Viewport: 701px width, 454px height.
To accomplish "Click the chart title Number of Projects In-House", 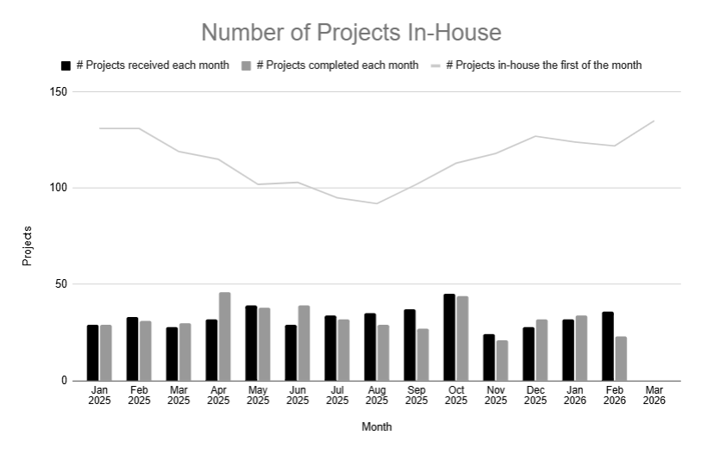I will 351,33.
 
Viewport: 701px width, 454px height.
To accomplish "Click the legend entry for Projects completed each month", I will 331,65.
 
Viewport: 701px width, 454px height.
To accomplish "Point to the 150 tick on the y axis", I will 59,92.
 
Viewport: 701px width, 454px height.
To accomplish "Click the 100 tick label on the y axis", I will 59,188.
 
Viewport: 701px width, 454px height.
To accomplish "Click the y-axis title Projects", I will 28,246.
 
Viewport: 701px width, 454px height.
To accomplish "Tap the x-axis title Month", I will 376,426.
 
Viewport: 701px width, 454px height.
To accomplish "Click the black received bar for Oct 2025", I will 449,338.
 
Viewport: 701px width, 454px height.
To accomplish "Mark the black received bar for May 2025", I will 251,343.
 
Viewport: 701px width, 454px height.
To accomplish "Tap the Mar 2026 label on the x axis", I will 654,395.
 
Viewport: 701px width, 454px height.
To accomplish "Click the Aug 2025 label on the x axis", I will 377,395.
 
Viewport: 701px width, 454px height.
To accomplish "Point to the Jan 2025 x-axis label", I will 99,395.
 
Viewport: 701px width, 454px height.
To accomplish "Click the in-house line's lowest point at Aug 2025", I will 377,203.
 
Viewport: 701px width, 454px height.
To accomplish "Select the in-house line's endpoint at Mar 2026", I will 654,121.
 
